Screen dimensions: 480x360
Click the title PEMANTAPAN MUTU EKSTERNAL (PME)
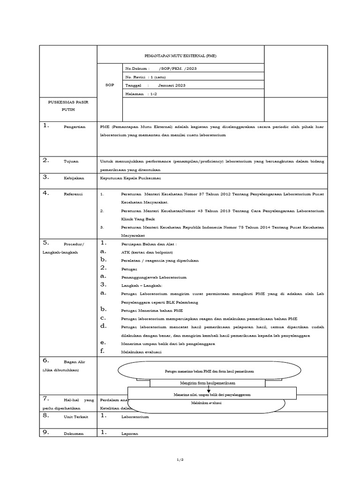click(180, 55)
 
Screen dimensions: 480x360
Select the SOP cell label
click(110, 85)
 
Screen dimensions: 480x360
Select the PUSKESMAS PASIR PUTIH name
click(68, 105)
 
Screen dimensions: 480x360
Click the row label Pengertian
click(75, 127)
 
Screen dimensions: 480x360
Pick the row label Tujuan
click(71, 161)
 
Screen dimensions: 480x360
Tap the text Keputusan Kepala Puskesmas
click(131, 178)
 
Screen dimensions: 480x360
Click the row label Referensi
click(73, 194)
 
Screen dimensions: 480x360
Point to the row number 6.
click(46, 360)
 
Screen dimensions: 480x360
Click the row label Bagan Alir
click(73, 362)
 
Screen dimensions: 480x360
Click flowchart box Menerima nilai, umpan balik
click(211, 395)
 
